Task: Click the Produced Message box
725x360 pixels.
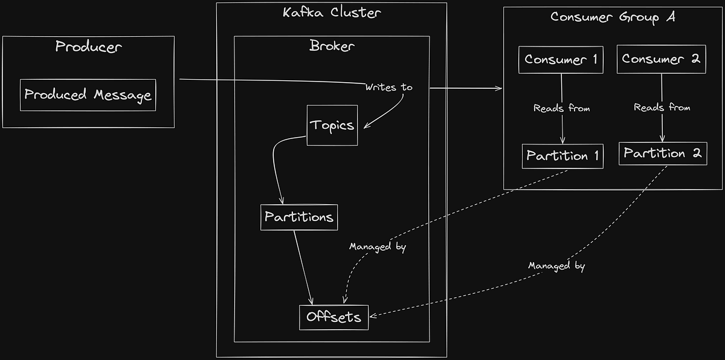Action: click(88, 95)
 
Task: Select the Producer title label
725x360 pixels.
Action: click(89, 47)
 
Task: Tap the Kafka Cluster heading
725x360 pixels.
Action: click(332, 13)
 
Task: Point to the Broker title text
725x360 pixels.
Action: click(332, 46)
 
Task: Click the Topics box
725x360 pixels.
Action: click(332, 125)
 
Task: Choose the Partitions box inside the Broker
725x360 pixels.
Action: click(298, 217)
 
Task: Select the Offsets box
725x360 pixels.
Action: click(333, 317)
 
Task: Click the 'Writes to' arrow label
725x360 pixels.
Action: click(388, 88)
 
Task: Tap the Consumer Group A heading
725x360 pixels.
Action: click(613, 17)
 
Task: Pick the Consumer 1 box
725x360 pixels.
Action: click(561, 59)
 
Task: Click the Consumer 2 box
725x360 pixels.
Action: click(661, 59)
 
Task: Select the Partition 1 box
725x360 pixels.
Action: click(562, 156)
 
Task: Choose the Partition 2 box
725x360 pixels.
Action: click(662, 153)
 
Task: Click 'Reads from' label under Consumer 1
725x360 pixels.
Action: click(561, 108)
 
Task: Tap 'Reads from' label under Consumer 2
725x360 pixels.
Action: click(662, 108)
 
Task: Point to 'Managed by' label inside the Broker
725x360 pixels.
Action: click(377, 246)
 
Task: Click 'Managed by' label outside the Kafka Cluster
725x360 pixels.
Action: click(556, 266)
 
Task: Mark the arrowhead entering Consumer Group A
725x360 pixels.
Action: click(499, 88)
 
